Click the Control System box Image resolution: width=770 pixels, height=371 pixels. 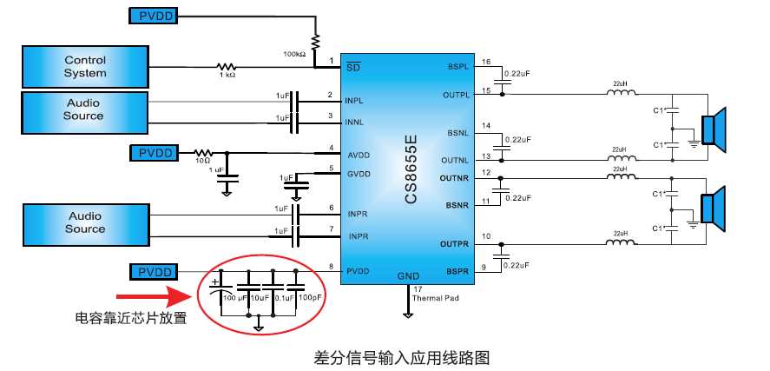point(84,67)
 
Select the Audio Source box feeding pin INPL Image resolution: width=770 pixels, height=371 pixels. point(84,109)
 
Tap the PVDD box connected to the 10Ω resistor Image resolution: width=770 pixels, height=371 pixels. point(155,153)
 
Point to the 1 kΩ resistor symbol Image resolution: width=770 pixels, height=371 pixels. point(227,66)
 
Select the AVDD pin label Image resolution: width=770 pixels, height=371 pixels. point(359,156)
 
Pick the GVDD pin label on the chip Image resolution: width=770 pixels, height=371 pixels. point(359,175)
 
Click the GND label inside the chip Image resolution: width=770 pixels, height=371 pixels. point(408,276)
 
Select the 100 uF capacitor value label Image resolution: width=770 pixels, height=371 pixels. point(234,298)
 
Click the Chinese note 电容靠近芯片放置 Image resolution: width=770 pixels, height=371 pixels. point(131,318)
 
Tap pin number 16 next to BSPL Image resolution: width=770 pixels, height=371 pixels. point(486,62)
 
